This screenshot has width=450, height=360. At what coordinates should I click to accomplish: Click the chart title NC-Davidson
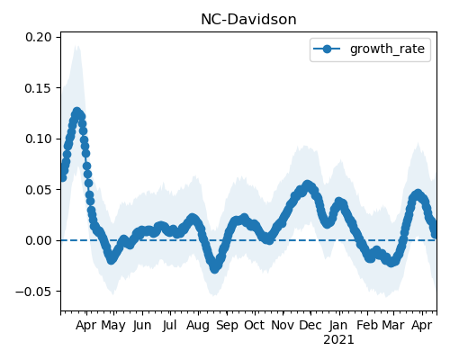point(248,20)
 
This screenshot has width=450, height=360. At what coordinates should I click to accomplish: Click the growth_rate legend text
point(387,49)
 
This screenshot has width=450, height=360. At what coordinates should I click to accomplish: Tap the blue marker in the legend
point(327,49)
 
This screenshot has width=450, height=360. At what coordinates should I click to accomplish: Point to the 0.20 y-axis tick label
point(39,37)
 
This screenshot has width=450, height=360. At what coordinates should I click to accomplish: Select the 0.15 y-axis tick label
point(39,88)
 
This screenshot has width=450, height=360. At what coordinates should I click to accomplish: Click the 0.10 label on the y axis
point(39,139)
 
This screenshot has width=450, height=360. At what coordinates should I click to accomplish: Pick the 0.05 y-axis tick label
point(39,190)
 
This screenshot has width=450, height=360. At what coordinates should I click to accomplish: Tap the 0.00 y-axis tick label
point(39,240)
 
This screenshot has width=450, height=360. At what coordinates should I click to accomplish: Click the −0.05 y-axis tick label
point(33,292)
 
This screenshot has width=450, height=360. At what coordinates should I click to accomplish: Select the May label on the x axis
point(113,326)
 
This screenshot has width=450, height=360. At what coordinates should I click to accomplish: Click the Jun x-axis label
point(142,326)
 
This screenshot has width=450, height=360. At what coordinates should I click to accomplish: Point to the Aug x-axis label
point(198,326)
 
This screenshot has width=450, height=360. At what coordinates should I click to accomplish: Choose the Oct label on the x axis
point(255,326)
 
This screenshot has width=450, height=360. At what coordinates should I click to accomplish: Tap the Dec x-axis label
point(310,326)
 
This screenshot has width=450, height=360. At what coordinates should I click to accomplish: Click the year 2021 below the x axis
point(338,340)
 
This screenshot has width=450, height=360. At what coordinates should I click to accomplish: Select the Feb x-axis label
point(367,326)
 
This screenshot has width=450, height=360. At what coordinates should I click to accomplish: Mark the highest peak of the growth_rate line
point(77,112)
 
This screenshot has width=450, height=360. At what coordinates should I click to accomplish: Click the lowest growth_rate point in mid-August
point(214,268)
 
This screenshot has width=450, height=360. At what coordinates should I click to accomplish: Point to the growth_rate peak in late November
point(307,184)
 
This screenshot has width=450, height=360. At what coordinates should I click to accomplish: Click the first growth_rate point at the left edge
point(63,177)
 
